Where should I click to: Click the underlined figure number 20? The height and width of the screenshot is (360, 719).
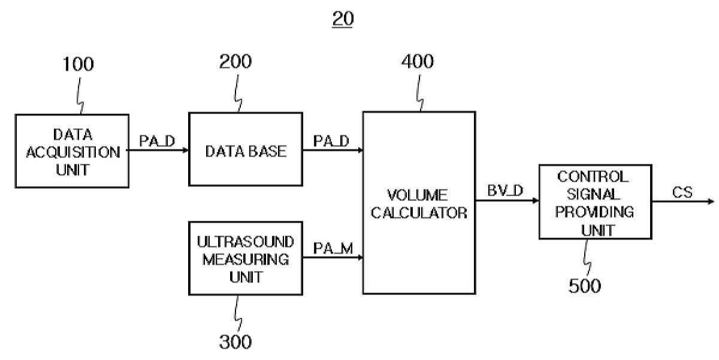343,19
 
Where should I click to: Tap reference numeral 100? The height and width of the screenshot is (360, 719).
78,64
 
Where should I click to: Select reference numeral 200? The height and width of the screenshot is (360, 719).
235,62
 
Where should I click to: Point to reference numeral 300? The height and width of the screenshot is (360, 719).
235,341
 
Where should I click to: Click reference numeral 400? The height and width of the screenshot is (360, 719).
417,61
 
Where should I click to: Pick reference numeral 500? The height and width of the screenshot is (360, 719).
585,286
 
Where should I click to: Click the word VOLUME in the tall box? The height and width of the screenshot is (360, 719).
417,195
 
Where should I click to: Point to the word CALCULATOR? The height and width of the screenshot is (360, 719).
419,213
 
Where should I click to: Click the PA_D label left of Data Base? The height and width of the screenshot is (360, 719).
157,141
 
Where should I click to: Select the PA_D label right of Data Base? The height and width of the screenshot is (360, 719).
331,141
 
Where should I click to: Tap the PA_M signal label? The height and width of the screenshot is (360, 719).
333,249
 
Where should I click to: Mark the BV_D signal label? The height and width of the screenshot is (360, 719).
505,190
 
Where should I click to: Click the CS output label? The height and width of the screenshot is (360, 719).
682,192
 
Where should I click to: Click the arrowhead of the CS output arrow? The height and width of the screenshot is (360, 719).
711,201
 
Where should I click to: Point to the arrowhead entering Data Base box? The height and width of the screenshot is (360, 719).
185,150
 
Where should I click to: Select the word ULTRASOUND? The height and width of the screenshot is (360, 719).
246,242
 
